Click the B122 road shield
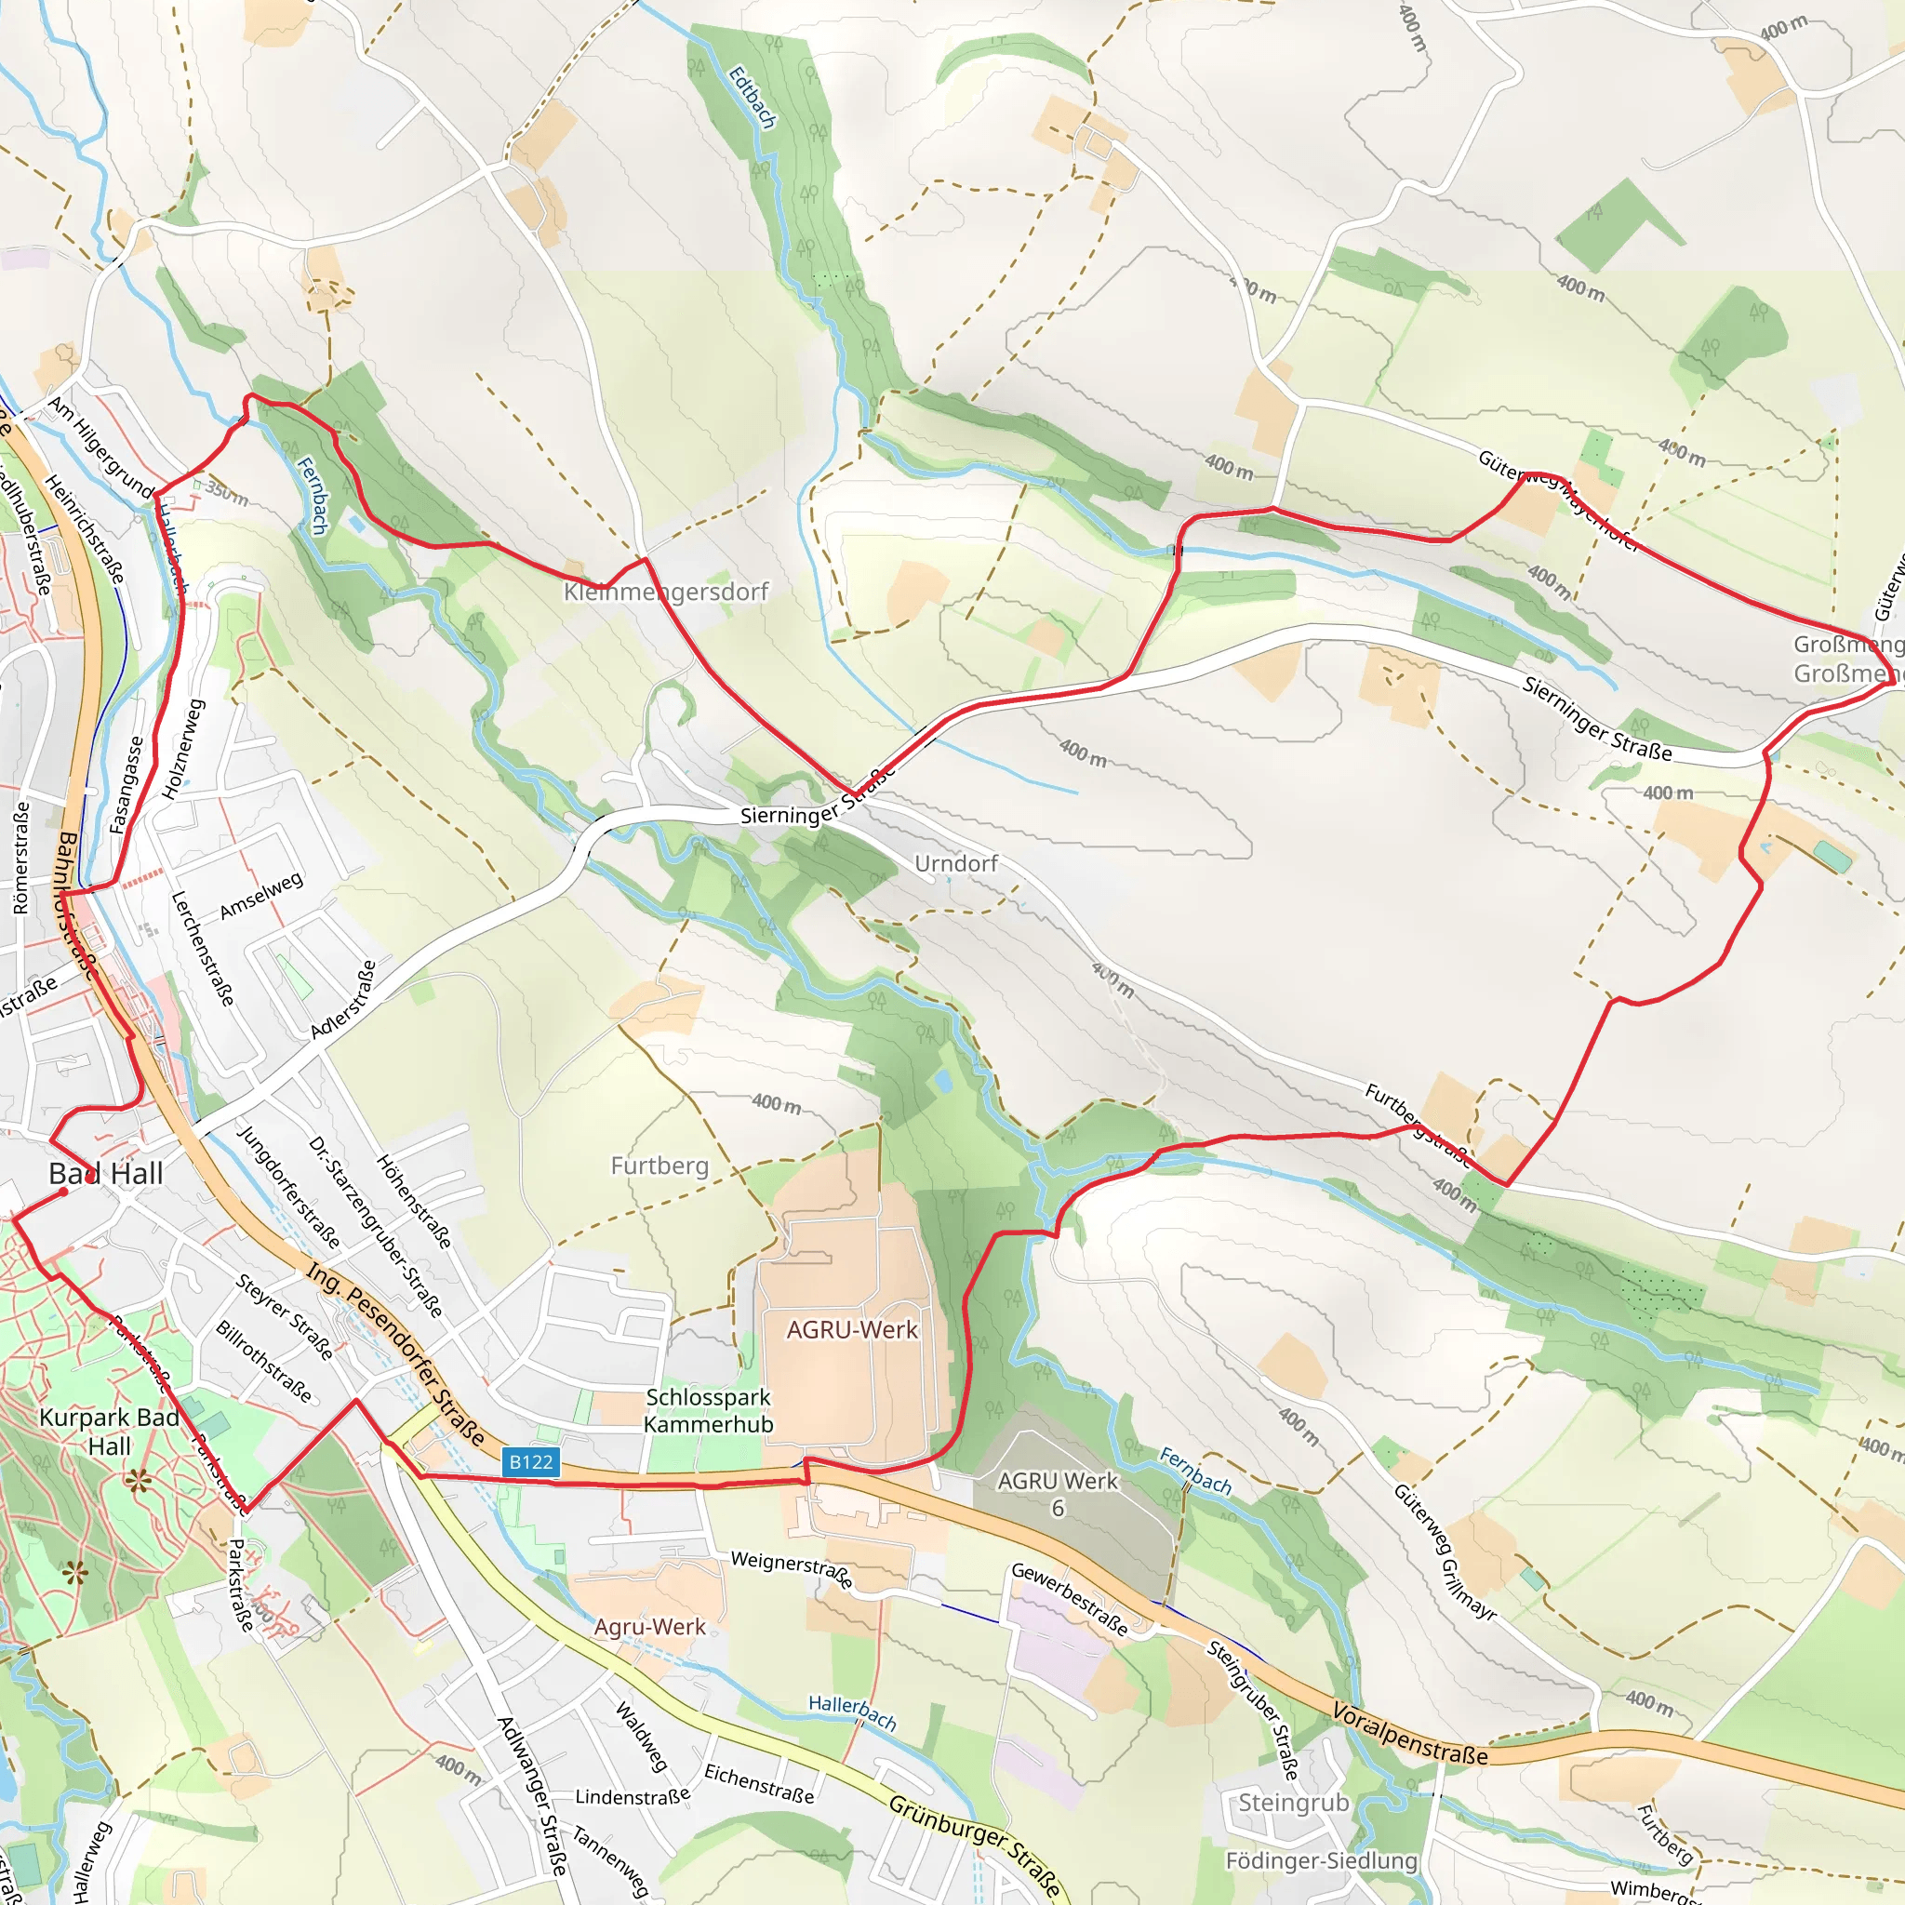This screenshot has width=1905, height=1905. (x=530, y=1461)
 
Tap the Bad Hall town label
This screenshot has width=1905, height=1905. (x=105, y=1173)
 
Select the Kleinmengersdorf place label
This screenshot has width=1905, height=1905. (x=666, y=592)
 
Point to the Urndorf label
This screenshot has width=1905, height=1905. (x=955, y=864)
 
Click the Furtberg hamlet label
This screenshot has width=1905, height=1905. (x=659, y=1166)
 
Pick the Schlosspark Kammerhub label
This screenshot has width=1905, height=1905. (x=708, y=1411)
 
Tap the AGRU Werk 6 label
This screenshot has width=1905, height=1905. (x=1057, y=1494)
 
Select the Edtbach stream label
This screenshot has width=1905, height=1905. (x=753, y=97)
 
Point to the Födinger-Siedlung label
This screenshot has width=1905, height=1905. (x=1321, y=1860)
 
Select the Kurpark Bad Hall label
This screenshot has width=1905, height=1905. (x=110, y=1432)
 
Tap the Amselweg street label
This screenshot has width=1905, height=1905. (x=261, y=896)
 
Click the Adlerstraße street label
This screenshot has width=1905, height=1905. (x=344, y=999)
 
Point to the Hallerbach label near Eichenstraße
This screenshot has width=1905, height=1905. (x=852, y=1712)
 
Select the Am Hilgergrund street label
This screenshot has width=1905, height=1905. (x=100, y=447)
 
